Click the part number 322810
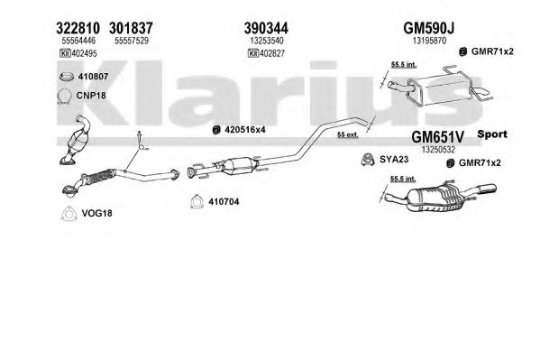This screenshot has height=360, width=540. point(78,28)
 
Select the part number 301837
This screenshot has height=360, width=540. point(131,28)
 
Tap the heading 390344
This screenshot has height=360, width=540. point(266,28)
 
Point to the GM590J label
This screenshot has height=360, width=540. point(429,28)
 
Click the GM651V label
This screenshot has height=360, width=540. point(438,137)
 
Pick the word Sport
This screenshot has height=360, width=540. point(492,134)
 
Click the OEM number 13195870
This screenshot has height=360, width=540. point(429,41)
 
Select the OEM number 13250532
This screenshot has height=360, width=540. point(438,150)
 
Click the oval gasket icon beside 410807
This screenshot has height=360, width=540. point(66,77)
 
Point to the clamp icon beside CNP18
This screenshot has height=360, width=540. point(64,96)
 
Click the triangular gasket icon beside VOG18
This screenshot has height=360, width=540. point(68,214)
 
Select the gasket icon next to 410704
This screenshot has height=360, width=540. point(197,202)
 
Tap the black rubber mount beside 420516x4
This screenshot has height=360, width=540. point(216,130)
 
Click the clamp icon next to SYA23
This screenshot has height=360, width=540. point(368,160)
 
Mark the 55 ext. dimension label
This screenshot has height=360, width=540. point(347,134)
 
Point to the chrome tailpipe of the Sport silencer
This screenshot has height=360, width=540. point(484,189)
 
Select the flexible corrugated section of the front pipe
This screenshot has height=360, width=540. point(100,176)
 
